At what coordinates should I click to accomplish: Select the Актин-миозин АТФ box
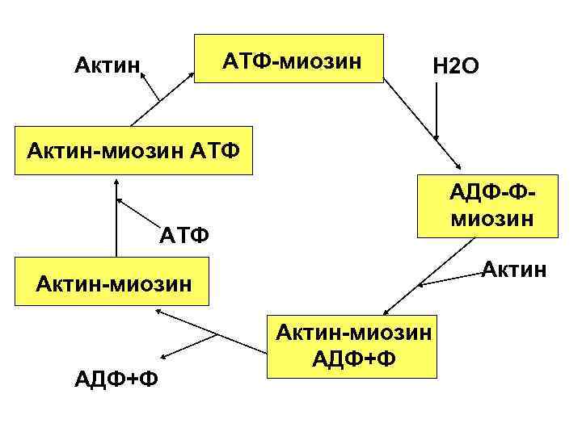point(134,150)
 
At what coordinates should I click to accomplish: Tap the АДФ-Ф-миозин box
point(487,206)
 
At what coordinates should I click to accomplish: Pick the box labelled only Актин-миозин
point(113,282)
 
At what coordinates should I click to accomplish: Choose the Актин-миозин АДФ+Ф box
point(352,346)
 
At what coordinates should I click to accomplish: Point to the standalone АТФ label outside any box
point(185,236)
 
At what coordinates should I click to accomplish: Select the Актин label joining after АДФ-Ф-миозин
point(514,266)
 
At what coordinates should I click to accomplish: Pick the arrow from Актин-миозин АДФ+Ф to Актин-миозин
point(214,331)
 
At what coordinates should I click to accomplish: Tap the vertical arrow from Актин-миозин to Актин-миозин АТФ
point(116,227)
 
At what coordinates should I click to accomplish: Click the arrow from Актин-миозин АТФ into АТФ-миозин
point(178,97)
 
